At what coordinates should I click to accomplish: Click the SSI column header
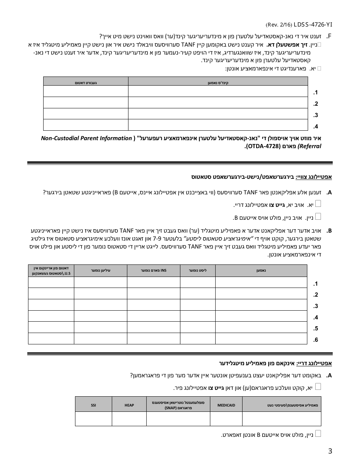(93, 405)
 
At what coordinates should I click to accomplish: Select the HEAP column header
(129, 405)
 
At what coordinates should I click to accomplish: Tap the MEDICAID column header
(226, 405)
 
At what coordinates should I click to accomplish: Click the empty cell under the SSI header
(93, 419)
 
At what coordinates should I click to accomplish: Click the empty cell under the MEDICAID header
(226, 419)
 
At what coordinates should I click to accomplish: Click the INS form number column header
(153, 270)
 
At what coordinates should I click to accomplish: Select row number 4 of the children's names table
(316, 126)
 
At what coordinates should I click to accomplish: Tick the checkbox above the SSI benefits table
(318, 386)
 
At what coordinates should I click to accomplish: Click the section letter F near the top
(329, 36)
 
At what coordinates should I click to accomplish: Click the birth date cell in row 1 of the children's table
(85, 91)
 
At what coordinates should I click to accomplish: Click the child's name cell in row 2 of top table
(218, 103)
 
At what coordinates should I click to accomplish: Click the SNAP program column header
(178, 405)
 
